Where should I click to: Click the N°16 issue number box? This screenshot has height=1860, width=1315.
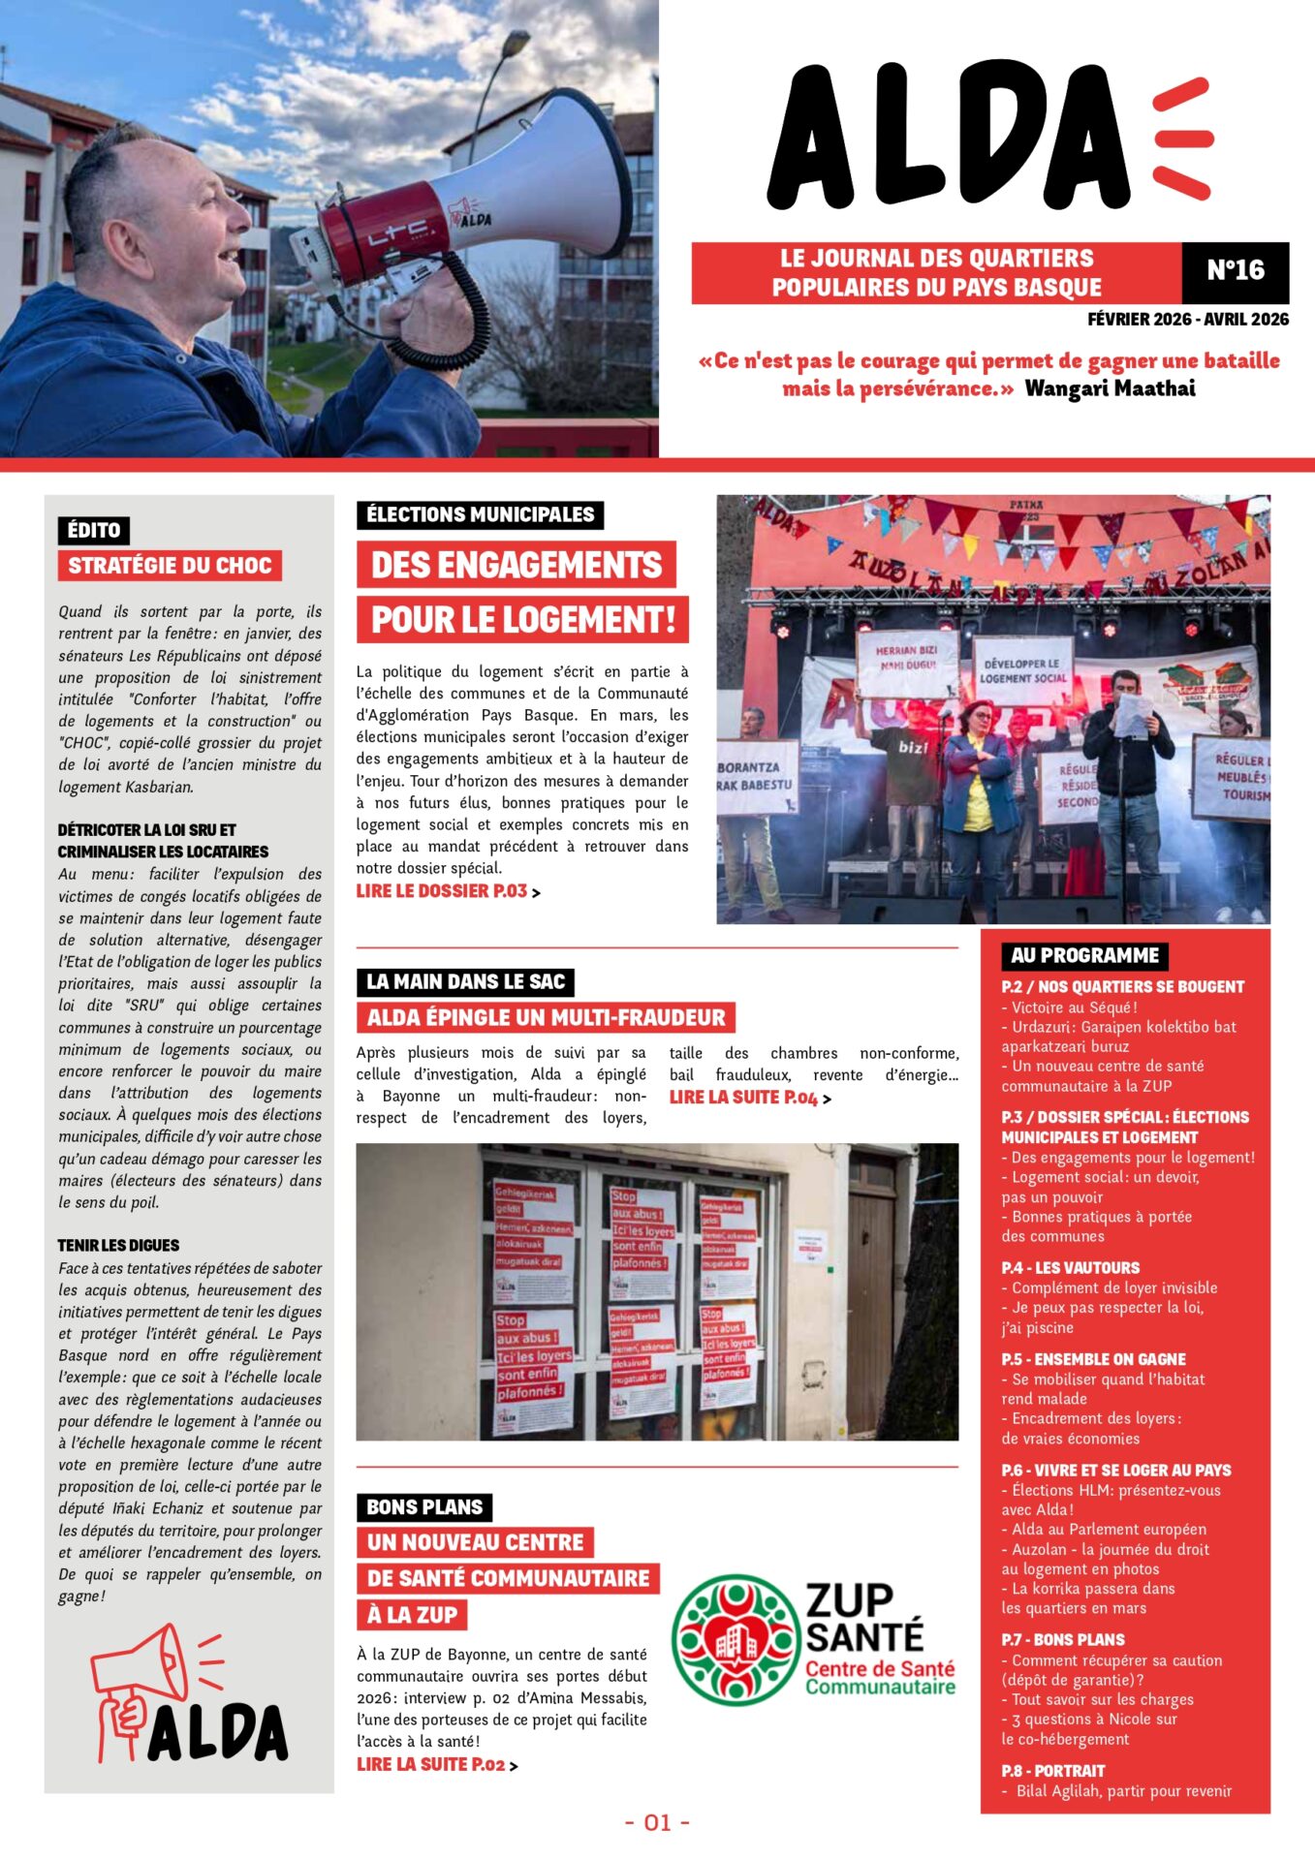1235,270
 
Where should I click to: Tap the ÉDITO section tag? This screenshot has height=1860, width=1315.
93,530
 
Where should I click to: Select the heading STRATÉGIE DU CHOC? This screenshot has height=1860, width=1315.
170,566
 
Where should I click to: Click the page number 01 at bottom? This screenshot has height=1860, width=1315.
657,1822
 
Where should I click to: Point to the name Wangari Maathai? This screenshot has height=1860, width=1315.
1110,388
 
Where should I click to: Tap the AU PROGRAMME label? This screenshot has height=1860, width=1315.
1084,955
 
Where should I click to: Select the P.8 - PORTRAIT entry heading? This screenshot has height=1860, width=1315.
1053,1771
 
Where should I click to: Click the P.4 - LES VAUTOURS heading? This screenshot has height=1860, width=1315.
1070,1268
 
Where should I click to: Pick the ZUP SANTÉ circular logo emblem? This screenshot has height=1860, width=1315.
736,1639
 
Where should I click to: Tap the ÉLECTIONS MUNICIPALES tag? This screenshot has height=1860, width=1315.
480,514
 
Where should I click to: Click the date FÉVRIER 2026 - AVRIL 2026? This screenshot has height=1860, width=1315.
1188,320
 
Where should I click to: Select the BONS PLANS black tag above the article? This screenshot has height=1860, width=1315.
424,1507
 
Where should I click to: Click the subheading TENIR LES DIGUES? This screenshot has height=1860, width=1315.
118,1246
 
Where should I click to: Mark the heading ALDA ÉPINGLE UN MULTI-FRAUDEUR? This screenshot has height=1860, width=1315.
546,1017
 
